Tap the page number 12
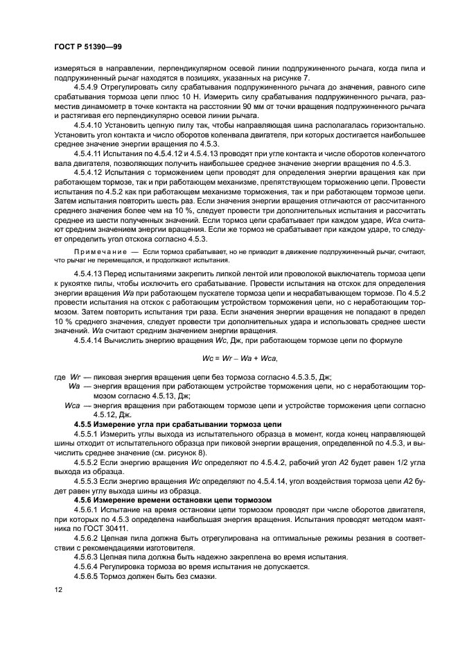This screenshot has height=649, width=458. (58, 589)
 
